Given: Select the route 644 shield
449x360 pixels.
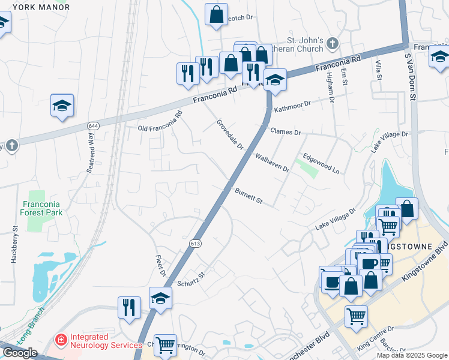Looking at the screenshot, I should click(x=92, y=126).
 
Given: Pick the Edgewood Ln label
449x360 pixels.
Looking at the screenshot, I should click(x=321, y=163).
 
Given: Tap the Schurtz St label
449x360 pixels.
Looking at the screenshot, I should click(x=191, y=279).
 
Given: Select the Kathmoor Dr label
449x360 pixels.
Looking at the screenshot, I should click(x=292, y=107).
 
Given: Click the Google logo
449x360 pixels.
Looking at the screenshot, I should click(x=20, y=353).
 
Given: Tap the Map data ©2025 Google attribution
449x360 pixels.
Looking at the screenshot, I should click(x=412, y=355).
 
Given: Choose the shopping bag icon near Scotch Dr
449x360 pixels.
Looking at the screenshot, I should click(x=216, y=14).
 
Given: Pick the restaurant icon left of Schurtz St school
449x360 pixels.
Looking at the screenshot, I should click(x=129, y=307).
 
